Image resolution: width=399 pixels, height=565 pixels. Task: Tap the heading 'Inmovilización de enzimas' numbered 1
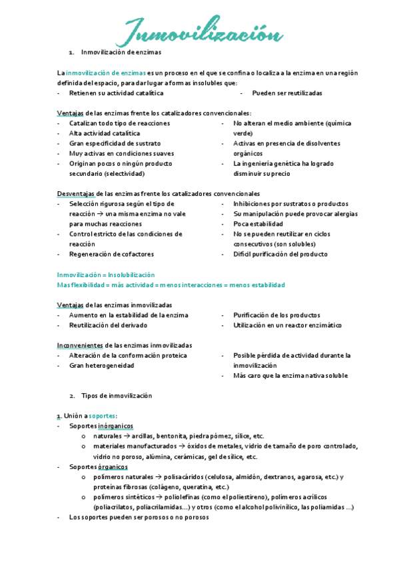[121, 52]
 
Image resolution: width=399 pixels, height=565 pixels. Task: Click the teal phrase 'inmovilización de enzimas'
[93, 73]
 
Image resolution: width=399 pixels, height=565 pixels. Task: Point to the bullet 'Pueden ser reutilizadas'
[287, 93]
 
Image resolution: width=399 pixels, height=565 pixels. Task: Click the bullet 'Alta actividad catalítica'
[105, 133]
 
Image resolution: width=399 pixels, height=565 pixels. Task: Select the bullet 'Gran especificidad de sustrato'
[115, 143]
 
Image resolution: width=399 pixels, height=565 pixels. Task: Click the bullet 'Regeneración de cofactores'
[111, 254]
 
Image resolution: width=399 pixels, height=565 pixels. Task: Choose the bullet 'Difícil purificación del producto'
[280, 254]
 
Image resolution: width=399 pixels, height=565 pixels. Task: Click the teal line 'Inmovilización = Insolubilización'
[106, 275]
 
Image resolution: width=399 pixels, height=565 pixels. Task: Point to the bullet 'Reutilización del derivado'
[109, 325]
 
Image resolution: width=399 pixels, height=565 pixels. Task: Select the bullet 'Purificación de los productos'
[276, 314]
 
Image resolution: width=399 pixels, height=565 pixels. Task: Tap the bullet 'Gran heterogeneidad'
[101, 365]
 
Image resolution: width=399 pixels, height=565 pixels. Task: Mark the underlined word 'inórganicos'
[115, 426]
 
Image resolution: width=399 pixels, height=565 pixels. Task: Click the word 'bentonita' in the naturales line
[169, 436]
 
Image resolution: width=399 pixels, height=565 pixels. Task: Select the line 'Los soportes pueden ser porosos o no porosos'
[139, 517]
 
